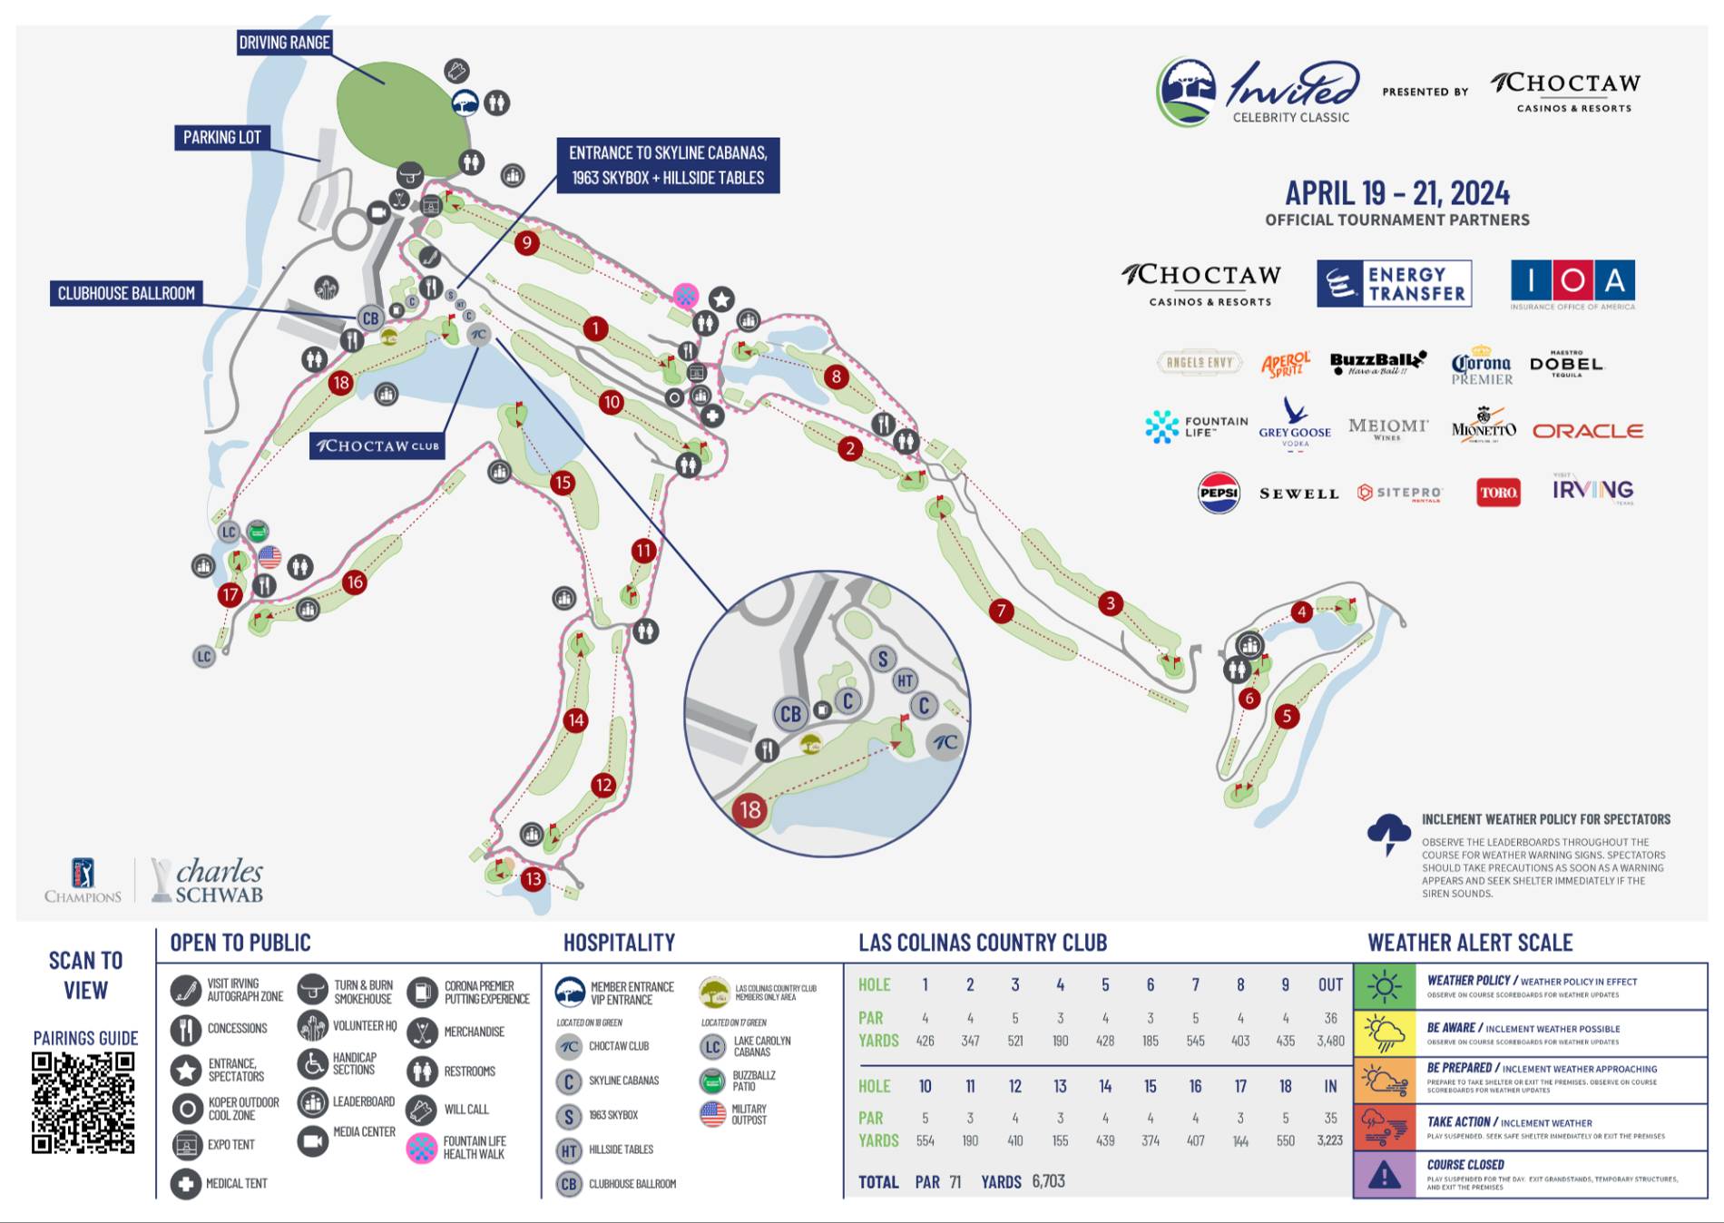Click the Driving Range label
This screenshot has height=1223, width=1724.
[x=284, y=42]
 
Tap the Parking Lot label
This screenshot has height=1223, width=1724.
[x=221, y=137]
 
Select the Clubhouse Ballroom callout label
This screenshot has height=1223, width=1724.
[x=126, y=293]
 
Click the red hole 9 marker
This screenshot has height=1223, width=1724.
[x=526, y=242]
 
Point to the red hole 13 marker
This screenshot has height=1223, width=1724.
[x=533, y=878]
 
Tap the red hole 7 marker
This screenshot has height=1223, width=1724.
[x=1001, y=611]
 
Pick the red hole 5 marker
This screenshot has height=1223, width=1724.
[x=1286, y=716]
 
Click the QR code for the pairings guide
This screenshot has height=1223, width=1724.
[x=83, y=1102]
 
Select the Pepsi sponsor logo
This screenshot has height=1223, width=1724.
[x=1219, y=493]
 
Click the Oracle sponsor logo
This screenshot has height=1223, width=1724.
[x=1588, y=431]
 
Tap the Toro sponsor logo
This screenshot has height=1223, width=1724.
[x=1498, y=493]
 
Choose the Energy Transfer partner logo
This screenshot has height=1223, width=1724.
[x=1394, y=283]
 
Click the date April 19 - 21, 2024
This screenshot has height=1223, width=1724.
[x=1397, y=193]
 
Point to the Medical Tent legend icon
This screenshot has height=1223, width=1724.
[x=186, y=1183]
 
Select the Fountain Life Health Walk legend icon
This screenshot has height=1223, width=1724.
[x=422, y=1148]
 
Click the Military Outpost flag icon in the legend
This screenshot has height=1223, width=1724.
[x=713, y=1113]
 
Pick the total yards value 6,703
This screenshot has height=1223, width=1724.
[x=1048, y=1181]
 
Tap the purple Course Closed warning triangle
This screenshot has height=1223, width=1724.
[x=1384, y=1176]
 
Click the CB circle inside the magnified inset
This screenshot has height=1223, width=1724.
[x=790, y=714]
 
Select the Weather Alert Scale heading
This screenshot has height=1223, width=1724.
[x=1470, y=943]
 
